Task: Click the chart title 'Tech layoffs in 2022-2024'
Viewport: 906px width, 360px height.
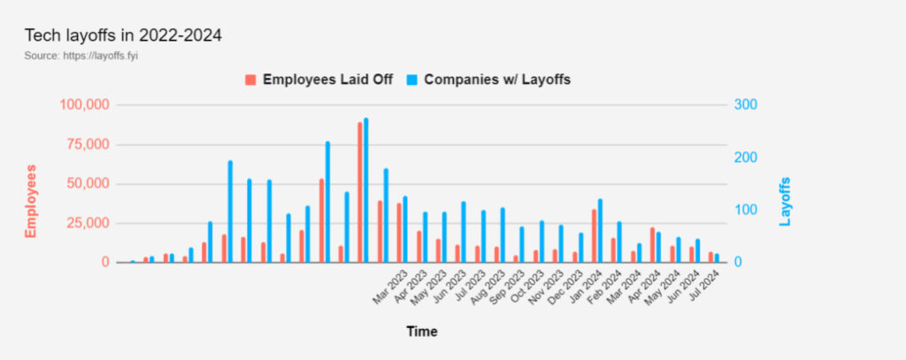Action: (x=123, y=36)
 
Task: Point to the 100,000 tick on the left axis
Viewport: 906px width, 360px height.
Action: (x=85, y=105)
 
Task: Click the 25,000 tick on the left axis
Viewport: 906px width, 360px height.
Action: (x=88, y=224)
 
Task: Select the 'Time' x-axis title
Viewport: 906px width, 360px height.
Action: (x=422, y=332)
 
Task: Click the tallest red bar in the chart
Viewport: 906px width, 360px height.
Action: (x=360, y=192)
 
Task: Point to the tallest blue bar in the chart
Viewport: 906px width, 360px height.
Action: (x=366, y=190)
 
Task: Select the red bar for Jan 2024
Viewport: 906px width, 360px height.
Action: (x=594, y=236)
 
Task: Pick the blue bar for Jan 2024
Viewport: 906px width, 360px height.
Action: (x=600, y=231)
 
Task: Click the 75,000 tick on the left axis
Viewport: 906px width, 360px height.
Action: (x=88, y=145)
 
